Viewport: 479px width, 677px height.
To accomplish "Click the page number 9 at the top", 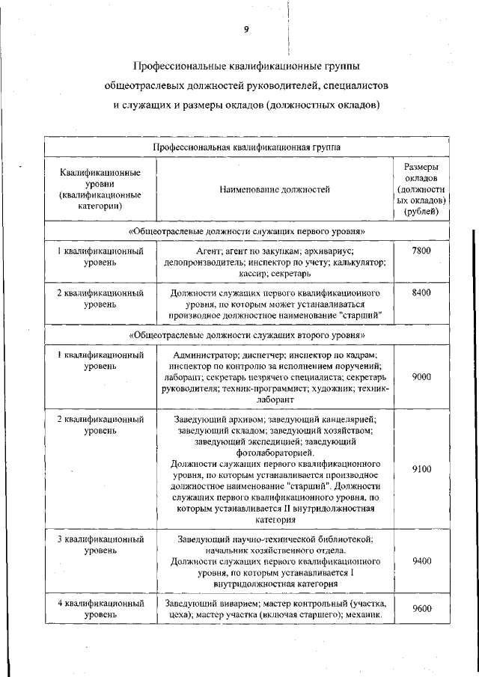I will click(245, 30).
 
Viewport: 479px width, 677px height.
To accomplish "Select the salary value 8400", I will click(421, 293).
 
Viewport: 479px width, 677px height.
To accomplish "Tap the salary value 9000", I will click(421, 378).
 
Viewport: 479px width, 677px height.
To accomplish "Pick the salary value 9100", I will click(421, 469).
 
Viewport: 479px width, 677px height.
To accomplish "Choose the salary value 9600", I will click(421, 609).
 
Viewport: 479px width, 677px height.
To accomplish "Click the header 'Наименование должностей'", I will click(274, 190).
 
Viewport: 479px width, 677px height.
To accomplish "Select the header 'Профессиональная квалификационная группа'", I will click(246, 147).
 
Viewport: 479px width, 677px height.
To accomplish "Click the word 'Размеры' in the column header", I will click(421, 167).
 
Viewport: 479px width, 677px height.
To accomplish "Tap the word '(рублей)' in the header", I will click(421, 212).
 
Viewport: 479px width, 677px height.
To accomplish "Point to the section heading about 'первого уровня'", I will click(246, 232).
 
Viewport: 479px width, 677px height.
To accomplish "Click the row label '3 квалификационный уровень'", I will click(100, 545).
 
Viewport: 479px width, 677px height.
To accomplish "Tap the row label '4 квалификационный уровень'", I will click(100, 609).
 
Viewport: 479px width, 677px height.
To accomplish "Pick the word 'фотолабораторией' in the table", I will click(274, 453).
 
